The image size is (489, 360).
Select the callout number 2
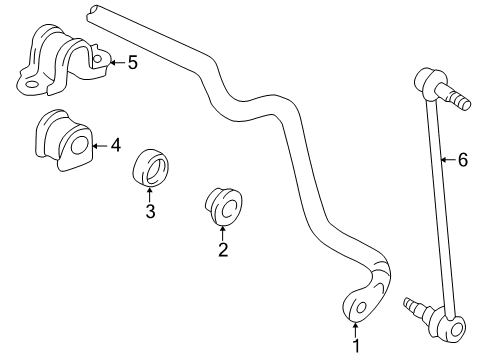[x=223, y=250]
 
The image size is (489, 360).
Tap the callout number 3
[x=150, y=211]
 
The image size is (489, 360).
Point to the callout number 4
[x=116, y=146]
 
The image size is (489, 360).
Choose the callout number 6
[x=462, y=158]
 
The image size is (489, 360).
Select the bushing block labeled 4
[x=62, y=140]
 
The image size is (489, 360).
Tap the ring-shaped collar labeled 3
[x=151, y=167]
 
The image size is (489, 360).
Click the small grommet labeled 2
[x=221, y=207]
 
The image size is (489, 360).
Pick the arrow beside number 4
[x=98, y=146]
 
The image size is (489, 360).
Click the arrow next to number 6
[x=446, y=158]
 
